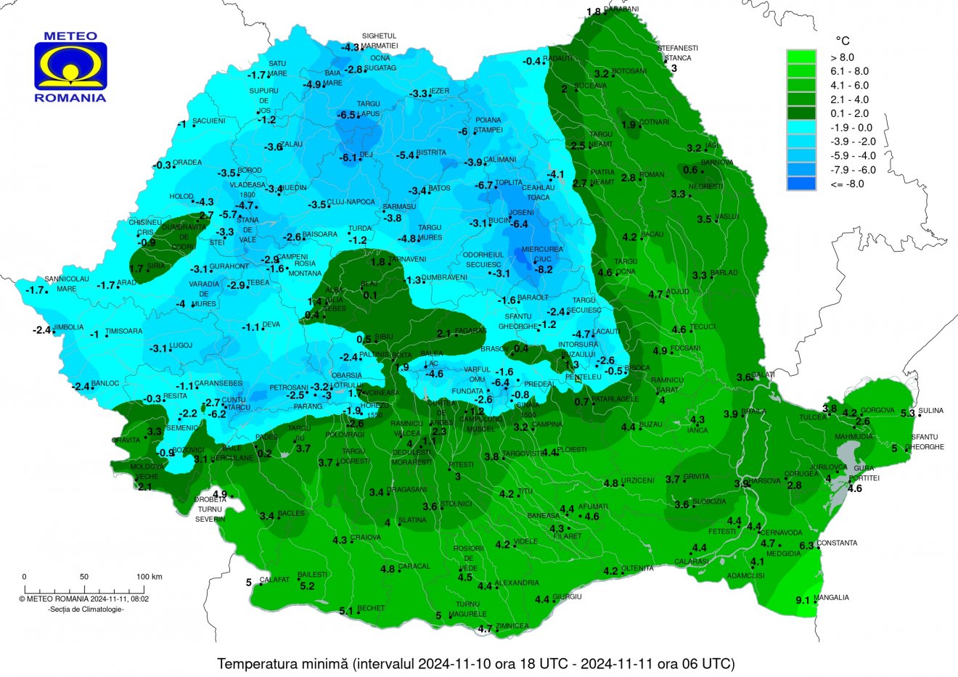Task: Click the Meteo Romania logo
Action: (x=70, y=66)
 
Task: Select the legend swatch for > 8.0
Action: (x=801, y=57)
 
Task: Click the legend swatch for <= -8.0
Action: (x=801, y=184)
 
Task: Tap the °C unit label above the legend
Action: (x=842, y=41)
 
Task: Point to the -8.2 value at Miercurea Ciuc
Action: (x=543, y=269)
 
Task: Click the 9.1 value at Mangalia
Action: (x=803, y=600)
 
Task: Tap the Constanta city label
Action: (x=837, y=543)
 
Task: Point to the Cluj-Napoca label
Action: (x=351, y=202)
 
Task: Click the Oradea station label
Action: (x=187, y=163)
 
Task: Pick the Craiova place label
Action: (x=366, y=538)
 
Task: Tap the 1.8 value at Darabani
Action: (x=594, y=12)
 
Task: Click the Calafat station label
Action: (x=274, y=580)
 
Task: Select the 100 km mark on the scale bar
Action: (x=149, y=577)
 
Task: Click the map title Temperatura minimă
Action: (x=476, y=663)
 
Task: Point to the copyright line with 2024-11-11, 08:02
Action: (x=84, y=599)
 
